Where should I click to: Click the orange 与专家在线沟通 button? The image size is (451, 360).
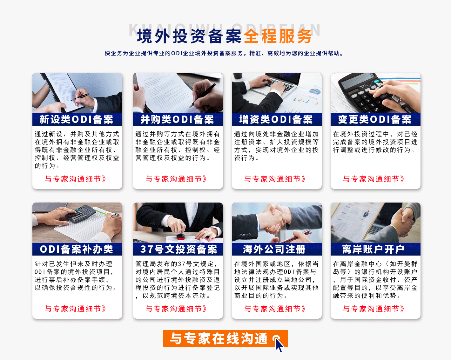pos(219,338)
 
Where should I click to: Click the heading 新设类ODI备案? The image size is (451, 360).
pos(77,119)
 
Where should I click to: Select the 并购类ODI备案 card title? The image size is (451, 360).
pos(177,119)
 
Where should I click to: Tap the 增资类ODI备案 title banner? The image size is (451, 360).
pos(276,119)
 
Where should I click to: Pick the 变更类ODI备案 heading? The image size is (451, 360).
pos(375,119)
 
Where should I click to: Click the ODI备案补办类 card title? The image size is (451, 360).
pos(77,249)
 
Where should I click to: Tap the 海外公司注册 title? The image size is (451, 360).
pos(274,249)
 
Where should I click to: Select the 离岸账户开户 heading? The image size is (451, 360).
pos(373,249)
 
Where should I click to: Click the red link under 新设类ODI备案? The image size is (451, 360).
pos(76,179)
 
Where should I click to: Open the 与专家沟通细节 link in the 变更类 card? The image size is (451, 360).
pos(374,179)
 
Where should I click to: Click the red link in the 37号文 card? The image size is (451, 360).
pos(176,309)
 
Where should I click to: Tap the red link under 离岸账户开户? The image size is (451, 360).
pos(374,309)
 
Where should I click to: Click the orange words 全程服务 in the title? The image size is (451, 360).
pos(278,36)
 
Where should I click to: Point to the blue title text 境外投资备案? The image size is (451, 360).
pos(189,36)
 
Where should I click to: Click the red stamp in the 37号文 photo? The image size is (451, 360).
pos(181,235)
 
